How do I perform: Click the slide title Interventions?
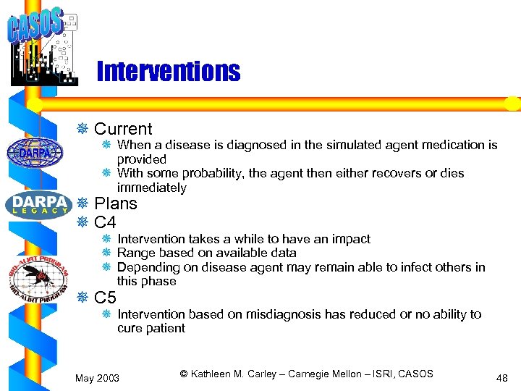[167, 72]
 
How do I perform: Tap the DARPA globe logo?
[35, 153]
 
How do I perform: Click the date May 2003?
[98, 377]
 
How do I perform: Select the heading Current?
[123, 129]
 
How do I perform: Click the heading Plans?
[116, 203]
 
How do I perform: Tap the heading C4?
[105, 222]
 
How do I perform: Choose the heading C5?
[105, 297]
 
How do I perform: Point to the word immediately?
[151, 188]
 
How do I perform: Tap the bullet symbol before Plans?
[82, 203]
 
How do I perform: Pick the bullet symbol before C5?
[82, 297]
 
